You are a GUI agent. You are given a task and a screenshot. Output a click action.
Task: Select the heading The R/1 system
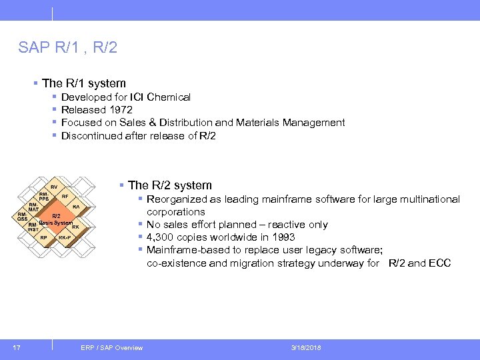(83, 83)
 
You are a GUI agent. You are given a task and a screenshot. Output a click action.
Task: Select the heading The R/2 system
(169, 185)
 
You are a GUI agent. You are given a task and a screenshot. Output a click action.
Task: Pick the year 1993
(282, 237)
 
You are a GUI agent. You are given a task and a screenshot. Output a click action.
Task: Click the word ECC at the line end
(439, 263)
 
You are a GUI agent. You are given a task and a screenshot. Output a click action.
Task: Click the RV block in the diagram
(53, 187)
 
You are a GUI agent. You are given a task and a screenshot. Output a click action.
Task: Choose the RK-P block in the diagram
(65, 237)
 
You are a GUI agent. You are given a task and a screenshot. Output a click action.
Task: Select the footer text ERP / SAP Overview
(111, 347)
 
